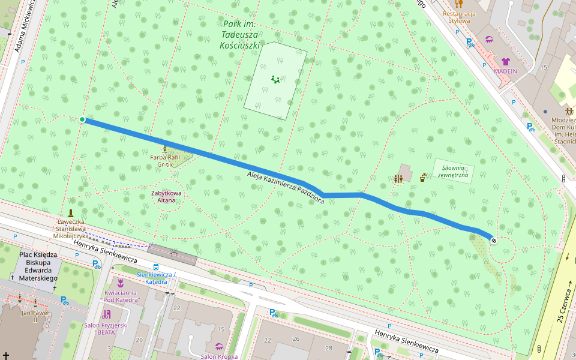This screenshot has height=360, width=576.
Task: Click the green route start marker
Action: tap(82, 119)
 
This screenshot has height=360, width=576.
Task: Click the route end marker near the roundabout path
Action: tap(493, 241)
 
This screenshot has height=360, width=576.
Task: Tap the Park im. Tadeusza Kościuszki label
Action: tap(240, 34)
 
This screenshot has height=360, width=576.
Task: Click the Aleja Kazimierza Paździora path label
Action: tap(286, 187)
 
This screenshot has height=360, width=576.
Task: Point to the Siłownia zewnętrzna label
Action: tap(454, 172)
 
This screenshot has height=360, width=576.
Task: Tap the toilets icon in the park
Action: tap(398, 178)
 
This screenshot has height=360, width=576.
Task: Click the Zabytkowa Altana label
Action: tap(167, 196)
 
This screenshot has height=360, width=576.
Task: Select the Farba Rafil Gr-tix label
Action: tap(164, 160)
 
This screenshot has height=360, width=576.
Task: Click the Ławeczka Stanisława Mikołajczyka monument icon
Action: tap(71, 213)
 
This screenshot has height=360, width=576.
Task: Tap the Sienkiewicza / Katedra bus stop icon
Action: tap(156, 267)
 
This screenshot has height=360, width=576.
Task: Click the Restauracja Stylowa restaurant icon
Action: tap(459, 4)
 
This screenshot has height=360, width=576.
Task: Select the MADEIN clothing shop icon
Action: tap(505, 61)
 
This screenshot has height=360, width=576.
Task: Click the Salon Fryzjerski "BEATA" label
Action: tap(106, 328)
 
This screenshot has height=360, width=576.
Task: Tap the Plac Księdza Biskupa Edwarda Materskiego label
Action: tap(38, 266)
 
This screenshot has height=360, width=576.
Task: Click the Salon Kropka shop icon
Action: tap(219, 347)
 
